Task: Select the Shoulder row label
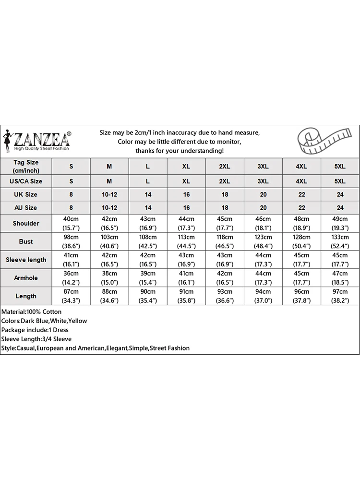[26, 223]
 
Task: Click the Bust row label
[26, 241]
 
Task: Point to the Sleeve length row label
[26, 260]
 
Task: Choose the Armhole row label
[26, 278]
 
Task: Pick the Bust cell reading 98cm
[71, 241]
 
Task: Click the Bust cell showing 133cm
[340, 241]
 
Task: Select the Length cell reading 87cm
[71, 296]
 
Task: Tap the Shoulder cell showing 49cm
[340, 223]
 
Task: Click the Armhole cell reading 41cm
[186, 278]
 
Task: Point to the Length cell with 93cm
[225, 296]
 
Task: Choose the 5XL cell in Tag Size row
[340, 166]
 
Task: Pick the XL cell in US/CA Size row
[186, 181]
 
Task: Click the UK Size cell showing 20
[263, 194]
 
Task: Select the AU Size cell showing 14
[148, 208]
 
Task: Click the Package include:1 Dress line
[35, 330]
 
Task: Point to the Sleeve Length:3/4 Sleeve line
[36, 339]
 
